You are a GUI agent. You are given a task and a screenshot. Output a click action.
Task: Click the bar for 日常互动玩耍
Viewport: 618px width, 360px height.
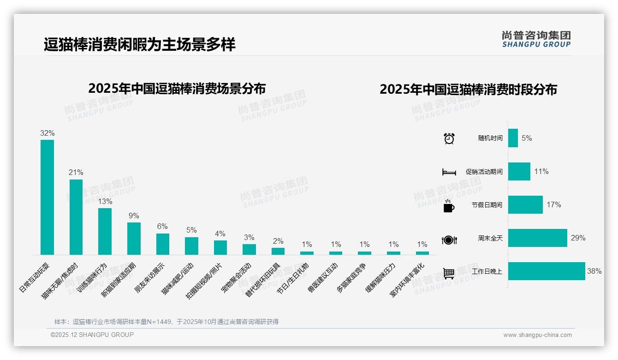pyautogui.click(x=47, y=197)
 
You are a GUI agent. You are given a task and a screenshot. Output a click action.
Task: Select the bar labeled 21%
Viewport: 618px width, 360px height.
pyautogui.click(x=76, y=217)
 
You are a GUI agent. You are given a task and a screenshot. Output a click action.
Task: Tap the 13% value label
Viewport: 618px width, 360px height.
pyautogui.click(x=105, y=202)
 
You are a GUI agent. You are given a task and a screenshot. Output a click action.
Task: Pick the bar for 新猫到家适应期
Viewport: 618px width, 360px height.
pyautogui.click(x=134, y=239)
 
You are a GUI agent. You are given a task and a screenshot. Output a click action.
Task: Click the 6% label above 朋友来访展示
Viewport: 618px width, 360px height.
pyautogui.click(x=162, y=227)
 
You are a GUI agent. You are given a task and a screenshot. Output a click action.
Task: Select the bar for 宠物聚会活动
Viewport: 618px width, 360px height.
pyautogui.click(x=249, y=249)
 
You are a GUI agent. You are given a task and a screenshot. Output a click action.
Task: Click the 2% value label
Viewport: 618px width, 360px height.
pyautogui.click(x=278, y=241)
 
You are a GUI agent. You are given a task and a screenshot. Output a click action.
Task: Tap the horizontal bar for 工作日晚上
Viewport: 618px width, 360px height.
pyautogui.click(x=547, y=271)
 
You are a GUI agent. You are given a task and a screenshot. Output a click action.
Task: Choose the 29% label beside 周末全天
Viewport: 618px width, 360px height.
pyautogui.click(x=578, y=238)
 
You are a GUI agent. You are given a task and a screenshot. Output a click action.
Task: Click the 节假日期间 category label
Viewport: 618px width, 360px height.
pyautogui.click(x=487, y=205)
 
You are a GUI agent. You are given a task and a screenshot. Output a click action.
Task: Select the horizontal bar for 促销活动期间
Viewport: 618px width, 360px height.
pyautogui.click(x=519, y=172)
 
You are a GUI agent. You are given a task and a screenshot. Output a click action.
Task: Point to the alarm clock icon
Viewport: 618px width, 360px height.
pyautogui.click(x=449, y=138)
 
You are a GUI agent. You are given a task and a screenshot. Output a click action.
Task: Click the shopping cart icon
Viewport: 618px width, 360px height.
pyautogui.click(x=449, y=273)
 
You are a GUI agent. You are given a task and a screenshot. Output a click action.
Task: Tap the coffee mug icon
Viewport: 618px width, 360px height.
pyautogui.click(x=449, y=206)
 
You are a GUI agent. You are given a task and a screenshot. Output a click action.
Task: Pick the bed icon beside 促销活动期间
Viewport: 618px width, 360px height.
pyautogui.click(x=449, y=172)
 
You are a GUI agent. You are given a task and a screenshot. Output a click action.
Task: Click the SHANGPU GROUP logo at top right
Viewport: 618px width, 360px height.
pyautogui.click(x=536, y=39)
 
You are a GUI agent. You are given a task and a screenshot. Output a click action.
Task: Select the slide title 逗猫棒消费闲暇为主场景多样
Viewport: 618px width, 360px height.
pyautogui.click(x=140, y=45)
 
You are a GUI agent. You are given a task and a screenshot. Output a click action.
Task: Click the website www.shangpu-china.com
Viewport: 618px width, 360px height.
pyautogui.click(x=537, y=335)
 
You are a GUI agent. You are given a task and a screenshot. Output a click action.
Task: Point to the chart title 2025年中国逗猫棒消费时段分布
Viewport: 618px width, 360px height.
pyautogui.click(x=468, y=90)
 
